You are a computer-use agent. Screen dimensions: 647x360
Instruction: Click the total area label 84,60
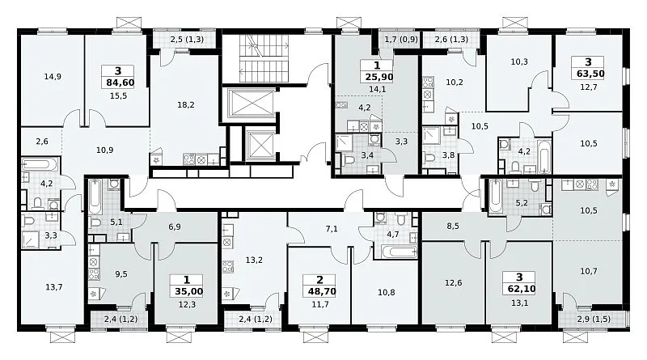point(120,83)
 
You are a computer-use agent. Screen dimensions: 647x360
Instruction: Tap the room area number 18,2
point(186,105)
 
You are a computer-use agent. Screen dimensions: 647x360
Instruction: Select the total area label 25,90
point(378,77)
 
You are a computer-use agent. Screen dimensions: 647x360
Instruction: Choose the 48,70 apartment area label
point(322,291)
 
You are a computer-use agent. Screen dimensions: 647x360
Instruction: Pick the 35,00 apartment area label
point(189,291)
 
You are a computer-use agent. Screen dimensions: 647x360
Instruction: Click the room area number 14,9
point(53,76)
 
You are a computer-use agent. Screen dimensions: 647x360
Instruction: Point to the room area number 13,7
point(54,287)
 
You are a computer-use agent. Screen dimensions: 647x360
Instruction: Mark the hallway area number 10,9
point(105,150)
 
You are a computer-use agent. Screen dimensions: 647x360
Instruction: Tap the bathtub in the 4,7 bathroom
point(399,252)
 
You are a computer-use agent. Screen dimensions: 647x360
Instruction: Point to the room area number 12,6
point(453,283)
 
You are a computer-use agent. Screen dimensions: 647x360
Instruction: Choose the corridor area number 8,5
point(453,226)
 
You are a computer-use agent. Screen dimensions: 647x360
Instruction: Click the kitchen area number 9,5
point(121,273)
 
